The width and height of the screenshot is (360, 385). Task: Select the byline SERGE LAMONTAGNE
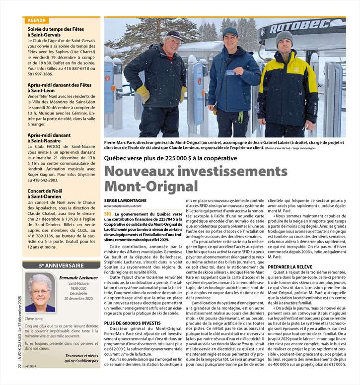tap(125, 200)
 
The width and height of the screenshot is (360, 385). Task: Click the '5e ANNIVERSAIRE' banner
tap(61, 265)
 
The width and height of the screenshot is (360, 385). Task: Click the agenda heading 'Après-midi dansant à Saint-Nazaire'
tap(49, 138)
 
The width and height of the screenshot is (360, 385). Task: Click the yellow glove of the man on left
tap(143, 92)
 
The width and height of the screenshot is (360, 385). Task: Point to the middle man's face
tap(230, 38)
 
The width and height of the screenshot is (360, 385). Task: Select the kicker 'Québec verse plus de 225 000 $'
tap(170, 158)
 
